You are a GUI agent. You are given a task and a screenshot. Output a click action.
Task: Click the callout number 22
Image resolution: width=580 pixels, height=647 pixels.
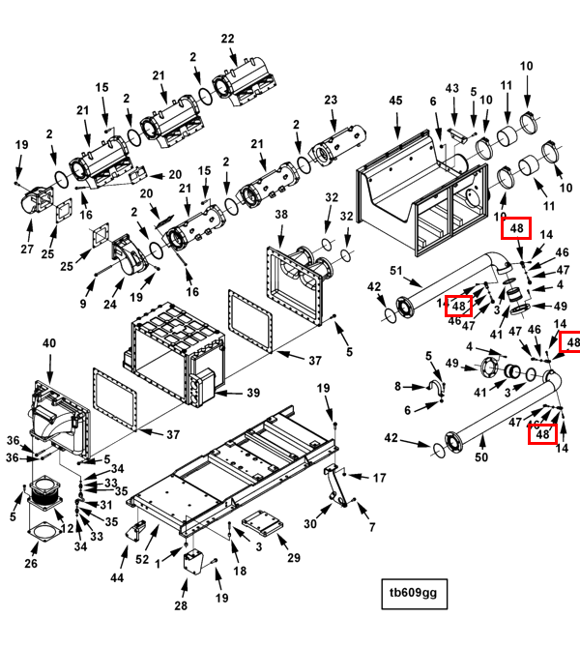pos(228,39)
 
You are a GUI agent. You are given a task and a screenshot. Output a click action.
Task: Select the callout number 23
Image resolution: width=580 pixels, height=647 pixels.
pos(331,100)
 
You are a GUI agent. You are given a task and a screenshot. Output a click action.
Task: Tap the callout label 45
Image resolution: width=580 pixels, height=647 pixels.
pos(395,101)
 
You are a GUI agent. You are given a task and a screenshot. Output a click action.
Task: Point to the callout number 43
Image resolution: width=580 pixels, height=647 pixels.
pos(451,88)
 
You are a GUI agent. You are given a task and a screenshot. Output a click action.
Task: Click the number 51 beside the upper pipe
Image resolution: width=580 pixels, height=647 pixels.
pos(394,270)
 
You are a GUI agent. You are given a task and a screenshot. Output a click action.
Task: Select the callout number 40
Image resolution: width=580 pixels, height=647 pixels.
pos(49,343)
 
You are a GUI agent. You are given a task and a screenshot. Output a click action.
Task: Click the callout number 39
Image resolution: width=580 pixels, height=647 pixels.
pos(253,393)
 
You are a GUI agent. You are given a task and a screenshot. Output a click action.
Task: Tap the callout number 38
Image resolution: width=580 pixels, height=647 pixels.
pos(281,213)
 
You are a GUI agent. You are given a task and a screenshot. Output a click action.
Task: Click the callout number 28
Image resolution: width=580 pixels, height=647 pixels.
pos(181,605)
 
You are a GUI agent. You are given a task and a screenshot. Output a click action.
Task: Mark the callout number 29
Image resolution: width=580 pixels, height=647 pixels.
pos(294,558)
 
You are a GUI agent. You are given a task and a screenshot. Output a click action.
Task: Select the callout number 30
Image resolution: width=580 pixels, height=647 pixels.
pos(310,523)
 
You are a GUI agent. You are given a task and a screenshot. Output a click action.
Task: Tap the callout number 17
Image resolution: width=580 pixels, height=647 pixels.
pos(379,477)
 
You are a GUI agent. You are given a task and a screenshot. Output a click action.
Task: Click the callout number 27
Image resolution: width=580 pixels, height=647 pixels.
pos(27,250)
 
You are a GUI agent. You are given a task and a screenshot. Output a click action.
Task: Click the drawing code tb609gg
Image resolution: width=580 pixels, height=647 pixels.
pos(413,592)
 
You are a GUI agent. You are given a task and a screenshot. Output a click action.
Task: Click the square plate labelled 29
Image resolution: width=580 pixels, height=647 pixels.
pos(258,523)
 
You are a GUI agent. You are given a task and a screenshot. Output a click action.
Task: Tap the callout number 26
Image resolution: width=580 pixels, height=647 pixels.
pos(31,564)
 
